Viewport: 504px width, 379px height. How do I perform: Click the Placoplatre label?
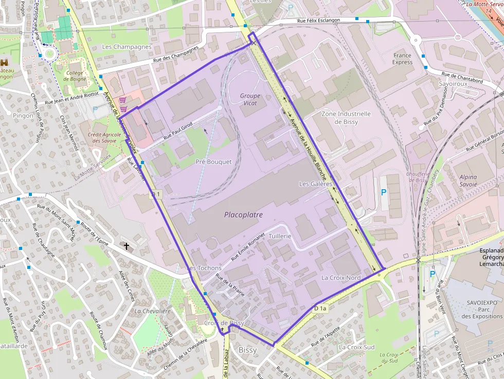tap(243, 214)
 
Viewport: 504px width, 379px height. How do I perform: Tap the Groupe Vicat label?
tap(250, 99)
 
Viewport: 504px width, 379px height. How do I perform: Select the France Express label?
tap(402, 59)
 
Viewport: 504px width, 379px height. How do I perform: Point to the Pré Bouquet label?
tap(213, 161)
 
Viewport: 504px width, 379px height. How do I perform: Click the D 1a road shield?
tap(320, 309)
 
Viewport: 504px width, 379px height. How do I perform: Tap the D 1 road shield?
tap(156, 195)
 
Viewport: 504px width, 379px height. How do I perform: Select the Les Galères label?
tap(316, 184)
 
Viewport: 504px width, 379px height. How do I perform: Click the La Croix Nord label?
tap(341, 278)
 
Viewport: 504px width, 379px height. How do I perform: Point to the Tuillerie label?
tap(280, 236)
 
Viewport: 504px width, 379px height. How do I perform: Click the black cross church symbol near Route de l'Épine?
tap(127, 246)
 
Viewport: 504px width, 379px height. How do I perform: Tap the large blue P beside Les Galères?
tap(383, 192)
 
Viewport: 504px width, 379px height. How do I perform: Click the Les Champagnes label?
tap(127, 47)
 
